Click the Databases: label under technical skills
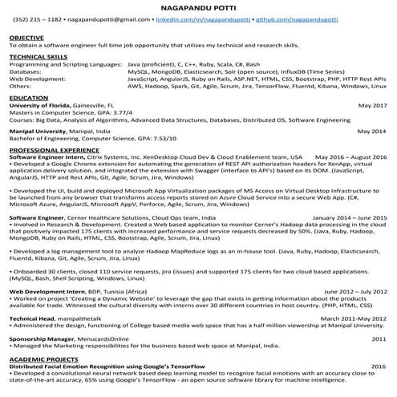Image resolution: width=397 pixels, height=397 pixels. tap(27, 71)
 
